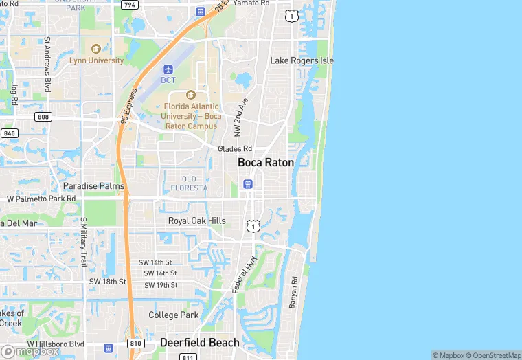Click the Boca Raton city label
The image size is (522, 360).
click(265, 163)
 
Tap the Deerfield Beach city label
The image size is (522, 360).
click(200, 342)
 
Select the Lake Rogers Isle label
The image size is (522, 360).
click(302, 60)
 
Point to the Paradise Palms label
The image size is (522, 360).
click(93, 186)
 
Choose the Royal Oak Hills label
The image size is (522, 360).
click(196, 221)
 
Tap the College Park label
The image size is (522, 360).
click(174, 315)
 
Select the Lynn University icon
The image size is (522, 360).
click(95, 49)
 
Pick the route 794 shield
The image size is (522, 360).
click(128, 5)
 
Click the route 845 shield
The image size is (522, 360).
click(9, 133)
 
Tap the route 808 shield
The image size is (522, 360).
click(43, 117)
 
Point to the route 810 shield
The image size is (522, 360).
click(135, 342)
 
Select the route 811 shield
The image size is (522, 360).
click(188, 357)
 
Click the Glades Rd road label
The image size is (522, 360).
click(235, 149)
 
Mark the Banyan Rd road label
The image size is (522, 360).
click(293, 292)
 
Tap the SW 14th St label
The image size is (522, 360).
click(155, 262)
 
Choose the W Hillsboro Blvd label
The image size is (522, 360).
click(55, 344)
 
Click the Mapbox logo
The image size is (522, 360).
click(30, 351)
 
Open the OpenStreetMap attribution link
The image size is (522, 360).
click(492, 355)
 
